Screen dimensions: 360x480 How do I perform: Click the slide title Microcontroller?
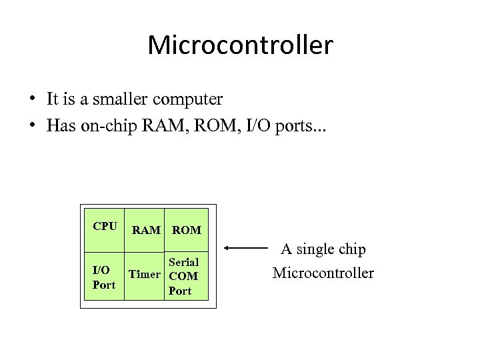240,45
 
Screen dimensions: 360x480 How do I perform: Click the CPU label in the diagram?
105,226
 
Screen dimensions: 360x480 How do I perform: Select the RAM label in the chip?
146,230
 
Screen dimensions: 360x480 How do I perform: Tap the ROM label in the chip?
186,230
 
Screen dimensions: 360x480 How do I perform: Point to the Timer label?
145,274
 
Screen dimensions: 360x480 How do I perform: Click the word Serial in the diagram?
183,262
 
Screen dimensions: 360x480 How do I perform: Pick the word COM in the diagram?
183,276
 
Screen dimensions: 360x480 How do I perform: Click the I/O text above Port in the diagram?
101,270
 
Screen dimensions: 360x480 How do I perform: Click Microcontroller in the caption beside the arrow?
323,273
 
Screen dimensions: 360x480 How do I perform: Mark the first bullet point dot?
32,100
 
